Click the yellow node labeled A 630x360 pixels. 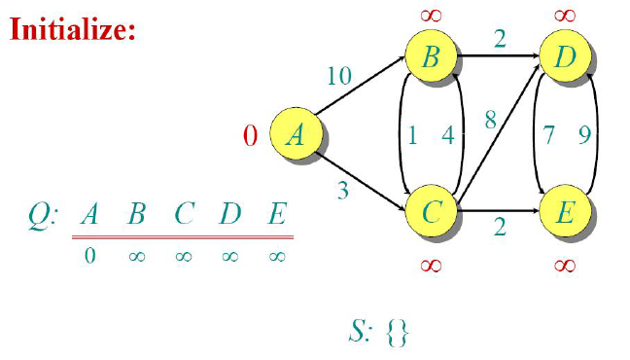(295, 135)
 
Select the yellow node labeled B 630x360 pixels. (431, 56)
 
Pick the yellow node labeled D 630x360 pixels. (565, 56)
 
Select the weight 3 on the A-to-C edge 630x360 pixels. (342, 190)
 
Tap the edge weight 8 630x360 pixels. (491, 122)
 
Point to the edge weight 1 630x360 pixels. (412, 135)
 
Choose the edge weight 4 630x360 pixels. (447, 135)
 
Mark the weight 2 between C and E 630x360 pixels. (499, 228)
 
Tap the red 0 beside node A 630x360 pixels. (250, 135)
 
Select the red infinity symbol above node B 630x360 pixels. (431, 16)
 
